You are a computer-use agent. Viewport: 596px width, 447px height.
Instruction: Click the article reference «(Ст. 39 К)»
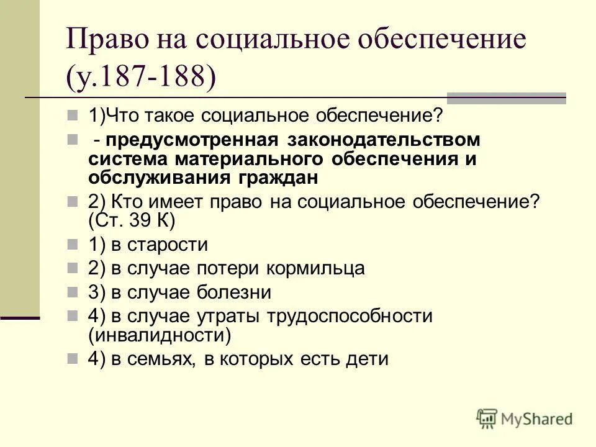pos(132,220)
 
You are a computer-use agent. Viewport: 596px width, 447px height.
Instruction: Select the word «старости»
pos(168,245)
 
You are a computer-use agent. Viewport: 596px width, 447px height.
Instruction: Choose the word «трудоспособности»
pos(350,316)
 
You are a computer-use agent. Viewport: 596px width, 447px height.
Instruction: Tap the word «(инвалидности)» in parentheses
pos(159,335)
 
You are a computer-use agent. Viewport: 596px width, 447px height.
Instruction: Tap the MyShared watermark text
pos(537,419)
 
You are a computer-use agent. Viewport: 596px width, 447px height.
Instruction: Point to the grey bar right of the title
pos(507,98)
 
